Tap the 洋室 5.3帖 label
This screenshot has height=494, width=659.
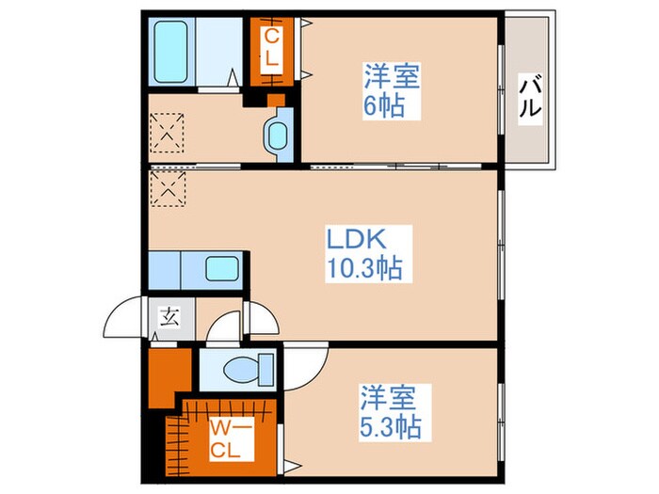(x=389, y=410)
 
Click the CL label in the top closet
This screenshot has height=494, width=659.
(x=271, y=47)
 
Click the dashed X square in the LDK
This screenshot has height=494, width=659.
(x=169, y=186)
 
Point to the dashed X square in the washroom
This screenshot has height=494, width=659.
(x=169, y=135)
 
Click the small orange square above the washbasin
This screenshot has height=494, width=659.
(x=275, y=100)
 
